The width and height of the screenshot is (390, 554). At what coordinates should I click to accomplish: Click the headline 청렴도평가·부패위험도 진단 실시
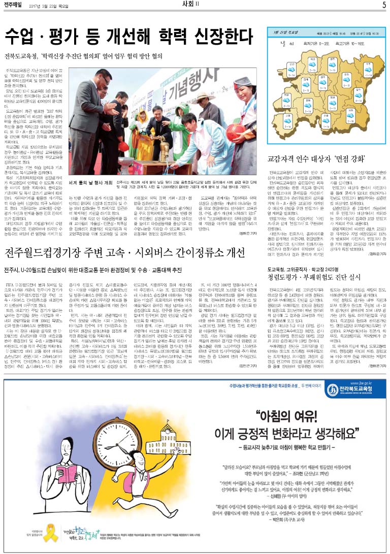[314, 277]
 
